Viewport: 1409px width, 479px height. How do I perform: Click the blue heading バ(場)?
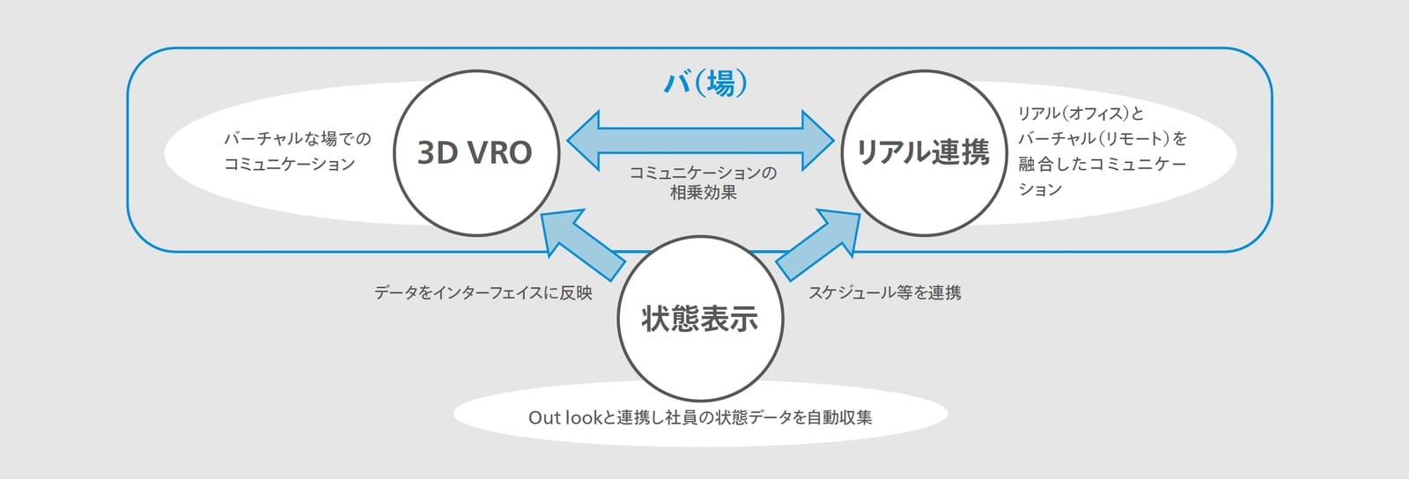coord(705,84)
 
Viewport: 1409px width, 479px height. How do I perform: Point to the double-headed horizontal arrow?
coord(700,140)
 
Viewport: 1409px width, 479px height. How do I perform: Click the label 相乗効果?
coord(704,192)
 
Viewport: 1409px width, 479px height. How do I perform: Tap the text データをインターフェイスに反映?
coord(483,293)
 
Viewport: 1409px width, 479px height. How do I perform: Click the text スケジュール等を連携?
coord(884,293)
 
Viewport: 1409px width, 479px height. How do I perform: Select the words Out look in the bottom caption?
coord(564,417)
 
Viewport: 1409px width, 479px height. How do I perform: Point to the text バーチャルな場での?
coord(298,138)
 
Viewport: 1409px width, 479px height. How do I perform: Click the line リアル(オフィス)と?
coord(1081,114)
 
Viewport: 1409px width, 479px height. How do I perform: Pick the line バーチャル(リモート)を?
coord(1102,138)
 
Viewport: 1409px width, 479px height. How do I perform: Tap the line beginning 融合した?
coord(1102,164)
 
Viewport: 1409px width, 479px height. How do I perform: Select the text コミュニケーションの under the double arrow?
coord(704,173)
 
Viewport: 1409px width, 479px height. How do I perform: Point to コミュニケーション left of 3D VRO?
coord(290,164)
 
